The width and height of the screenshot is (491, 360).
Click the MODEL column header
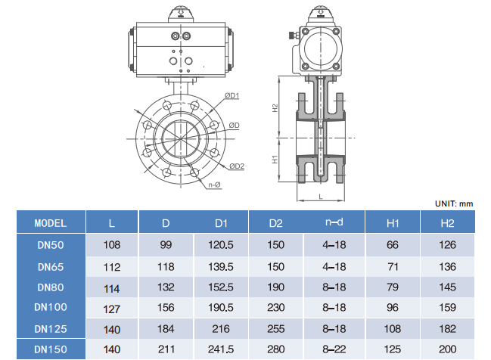point(51,223)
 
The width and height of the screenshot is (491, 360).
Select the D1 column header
point(221,223)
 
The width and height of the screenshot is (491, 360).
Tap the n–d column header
point(334,223)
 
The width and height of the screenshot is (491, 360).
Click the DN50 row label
point(51,245)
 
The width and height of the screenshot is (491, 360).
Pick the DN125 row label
point(51,328)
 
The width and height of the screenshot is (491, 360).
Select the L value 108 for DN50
point(112,245)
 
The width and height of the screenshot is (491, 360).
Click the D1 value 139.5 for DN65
point(221,266)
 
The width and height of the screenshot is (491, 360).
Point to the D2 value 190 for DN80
point(275,287)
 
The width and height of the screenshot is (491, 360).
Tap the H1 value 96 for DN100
point(393,308)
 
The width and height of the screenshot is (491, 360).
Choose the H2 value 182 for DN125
point(447,328)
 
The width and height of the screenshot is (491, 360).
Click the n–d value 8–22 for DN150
point(334,349)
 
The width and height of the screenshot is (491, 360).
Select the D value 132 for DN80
point(166,287)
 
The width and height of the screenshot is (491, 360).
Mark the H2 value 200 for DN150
point(447,349)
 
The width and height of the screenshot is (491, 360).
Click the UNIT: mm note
point(454,203)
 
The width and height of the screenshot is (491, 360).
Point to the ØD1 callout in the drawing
point(232,95)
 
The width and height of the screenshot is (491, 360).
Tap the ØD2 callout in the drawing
point(236,166)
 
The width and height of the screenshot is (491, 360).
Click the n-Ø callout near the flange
point(213,185)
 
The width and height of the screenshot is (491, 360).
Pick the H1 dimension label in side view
point(276,160)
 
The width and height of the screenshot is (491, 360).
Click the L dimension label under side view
point(321,195)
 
